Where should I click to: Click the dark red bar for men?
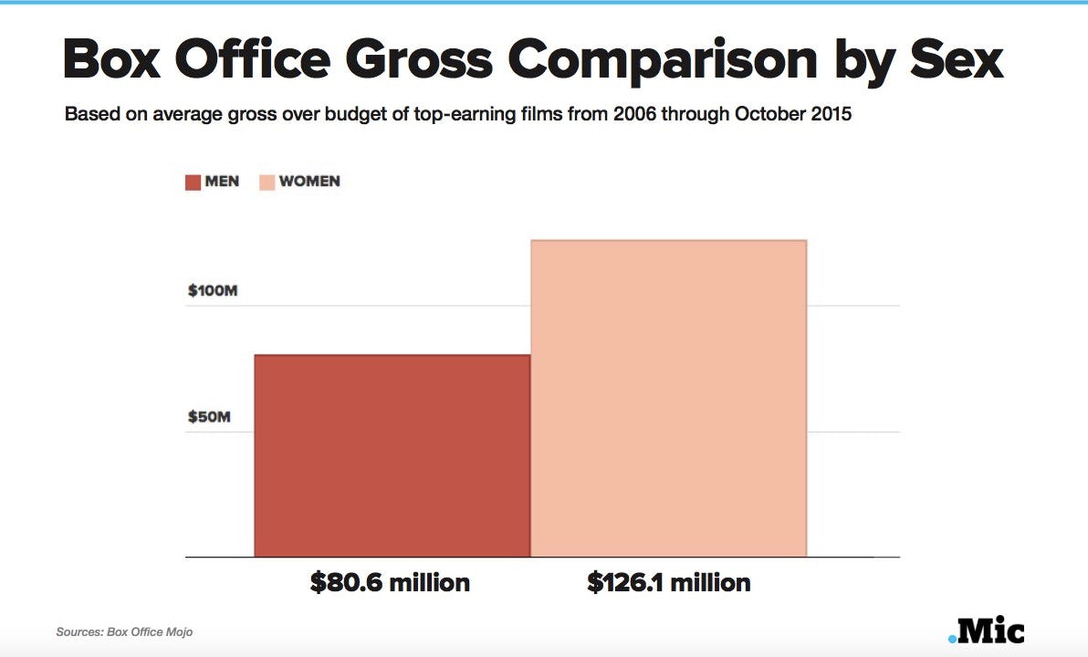(x=392, y=455)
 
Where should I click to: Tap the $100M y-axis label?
(x=213, y=291)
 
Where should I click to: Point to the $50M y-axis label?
(x=209, y=417)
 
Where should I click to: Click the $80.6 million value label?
(x=390, y=582)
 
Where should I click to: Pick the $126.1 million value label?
(x=668, y=582)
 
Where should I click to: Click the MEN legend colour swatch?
(x=193, y=182)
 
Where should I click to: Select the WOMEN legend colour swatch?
(x=267, y=182)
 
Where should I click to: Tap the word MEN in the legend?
(x=223, y=182)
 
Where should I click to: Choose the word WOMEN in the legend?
(x=309, y=182)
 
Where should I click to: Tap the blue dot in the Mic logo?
(x=953, y=638)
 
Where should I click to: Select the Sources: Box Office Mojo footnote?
(x=124, y=631)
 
